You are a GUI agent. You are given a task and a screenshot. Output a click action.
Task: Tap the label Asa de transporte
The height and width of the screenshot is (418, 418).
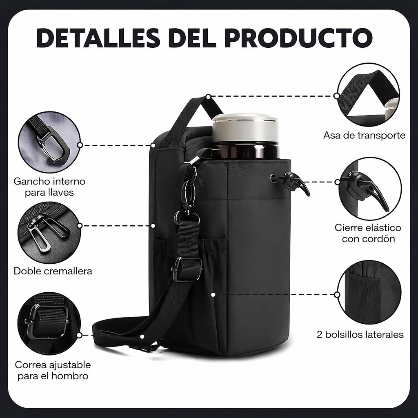[364, 135]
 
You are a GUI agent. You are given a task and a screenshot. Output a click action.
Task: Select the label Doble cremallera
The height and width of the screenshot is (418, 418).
[53, 271]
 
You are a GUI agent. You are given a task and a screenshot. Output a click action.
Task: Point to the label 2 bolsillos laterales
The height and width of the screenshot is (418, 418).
[360, 335]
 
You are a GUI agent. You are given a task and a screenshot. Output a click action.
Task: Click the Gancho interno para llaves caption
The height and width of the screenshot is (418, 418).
[49, 187]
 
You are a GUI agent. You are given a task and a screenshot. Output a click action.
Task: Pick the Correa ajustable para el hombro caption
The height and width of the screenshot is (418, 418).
[53, 370]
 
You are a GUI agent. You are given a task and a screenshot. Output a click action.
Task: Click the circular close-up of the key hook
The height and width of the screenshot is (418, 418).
[49, 142]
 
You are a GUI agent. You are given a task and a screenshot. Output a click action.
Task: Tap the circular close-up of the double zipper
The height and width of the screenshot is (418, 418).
[49, 233]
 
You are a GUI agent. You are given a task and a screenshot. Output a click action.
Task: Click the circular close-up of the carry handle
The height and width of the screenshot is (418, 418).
[368, 95]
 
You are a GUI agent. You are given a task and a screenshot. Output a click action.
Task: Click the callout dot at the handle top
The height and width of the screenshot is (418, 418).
[209, 97]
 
